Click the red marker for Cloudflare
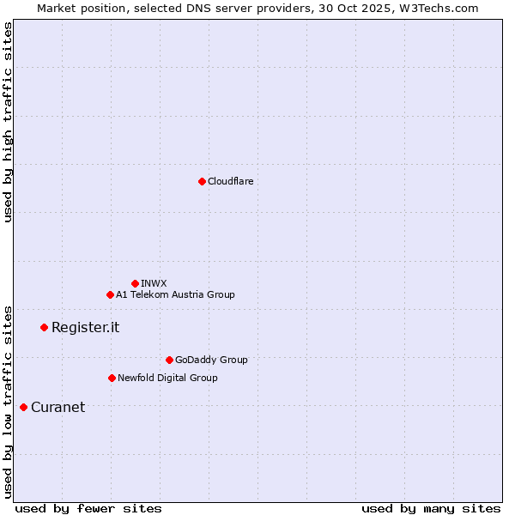[x=202, y=181]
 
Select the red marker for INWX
[x=135, y=283]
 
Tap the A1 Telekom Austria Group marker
[x=110, y=294]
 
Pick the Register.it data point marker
[x=44, y=327]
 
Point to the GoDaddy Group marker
[x=169, y=360]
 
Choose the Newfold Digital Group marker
[x=112, y=378]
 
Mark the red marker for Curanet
[x=23, y=407]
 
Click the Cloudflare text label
[x=230, y=181]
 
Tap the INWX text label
[x=154, y=283]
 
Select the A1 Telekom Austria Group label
[x=175, y=294]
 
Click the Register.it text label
[x=85, y=327]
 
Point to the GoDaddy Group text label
[x=211, y=360]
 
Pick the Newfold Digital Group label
[x=167, y=378]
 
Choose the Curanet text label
[x=58, y=407]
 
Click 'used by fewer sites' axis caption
[x=88, y=508]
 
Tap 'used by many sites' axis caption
[x=431, y=508]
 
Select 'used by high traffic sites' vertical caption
[x=9, y=122]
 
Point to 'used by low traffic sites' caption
[x=9, y=402]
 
